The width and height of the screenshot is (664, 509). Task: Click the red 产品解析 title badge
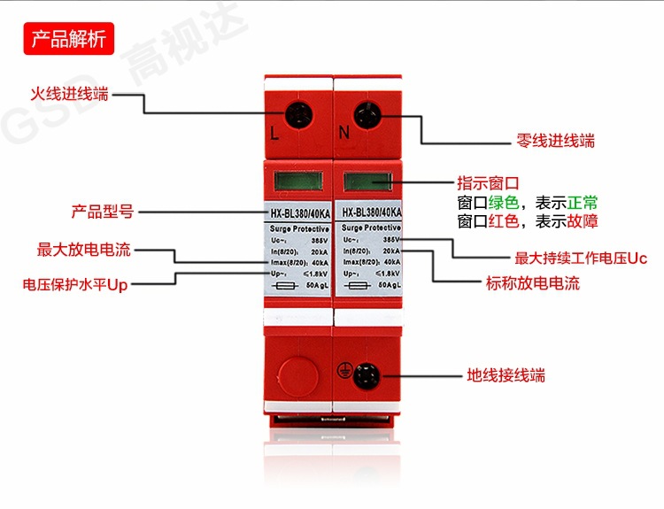tap(69, 39)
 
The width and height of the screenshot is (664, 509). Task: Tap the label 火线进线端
tap(70, 94)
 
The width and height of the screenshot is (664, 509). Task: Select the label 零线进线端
tap(555, 140)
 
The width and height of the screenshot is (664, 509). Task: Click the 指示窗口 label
tap(487, 183)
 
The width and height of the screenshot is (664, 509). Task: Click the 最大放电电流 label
tap(84, 250)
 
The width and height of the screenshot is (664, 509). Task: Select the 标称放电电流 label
tap(533, 284)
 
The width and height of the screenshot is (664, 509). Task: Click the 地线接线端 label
tap(506, 375)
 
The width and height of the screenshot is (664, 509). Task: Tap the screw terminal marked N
tap(367, 116)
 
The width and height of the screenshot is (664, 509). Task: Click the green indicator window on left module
tap(296, 183)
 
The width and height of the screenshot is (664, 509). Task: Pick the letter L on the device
tap(274, 135)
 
